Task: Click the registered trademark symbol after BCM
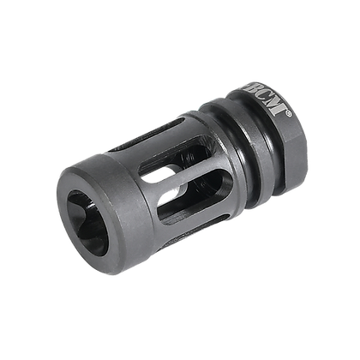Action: (x=291, y=135)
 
